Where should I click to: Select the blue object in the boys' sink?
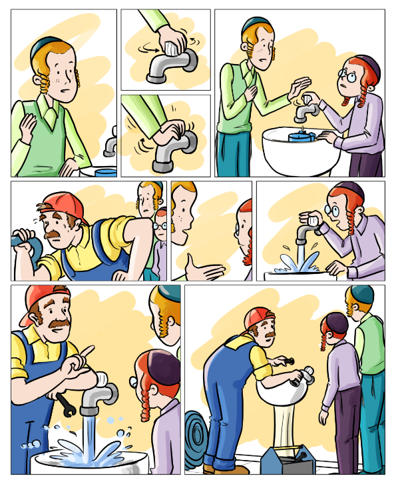(302, 136)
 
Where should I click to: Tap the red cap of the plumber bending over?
(260, 317)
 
